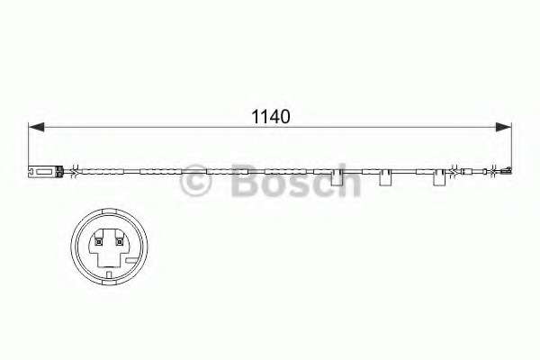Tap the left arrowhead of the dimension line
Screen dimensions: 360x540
(35, 128)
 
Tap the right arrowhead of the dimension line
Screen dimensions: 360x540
(506, 128)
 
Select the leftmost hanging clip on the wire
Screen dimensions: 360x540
(339, 181)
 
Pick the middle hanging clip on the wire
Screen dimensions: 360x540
(386, 181)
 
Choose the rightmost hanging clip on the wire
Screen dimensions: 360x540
(440, 181)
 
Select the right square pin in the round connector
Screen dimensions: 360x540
(119, 240)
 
